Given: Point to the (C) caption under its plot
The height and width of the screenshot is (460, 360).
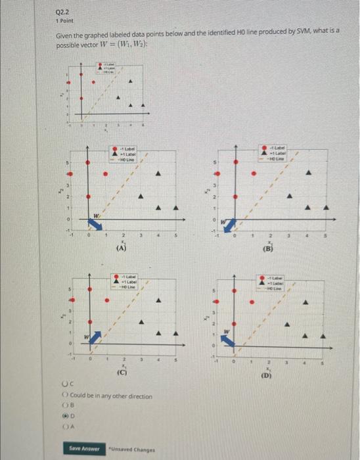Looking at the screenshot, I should [x=122, y=373].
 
